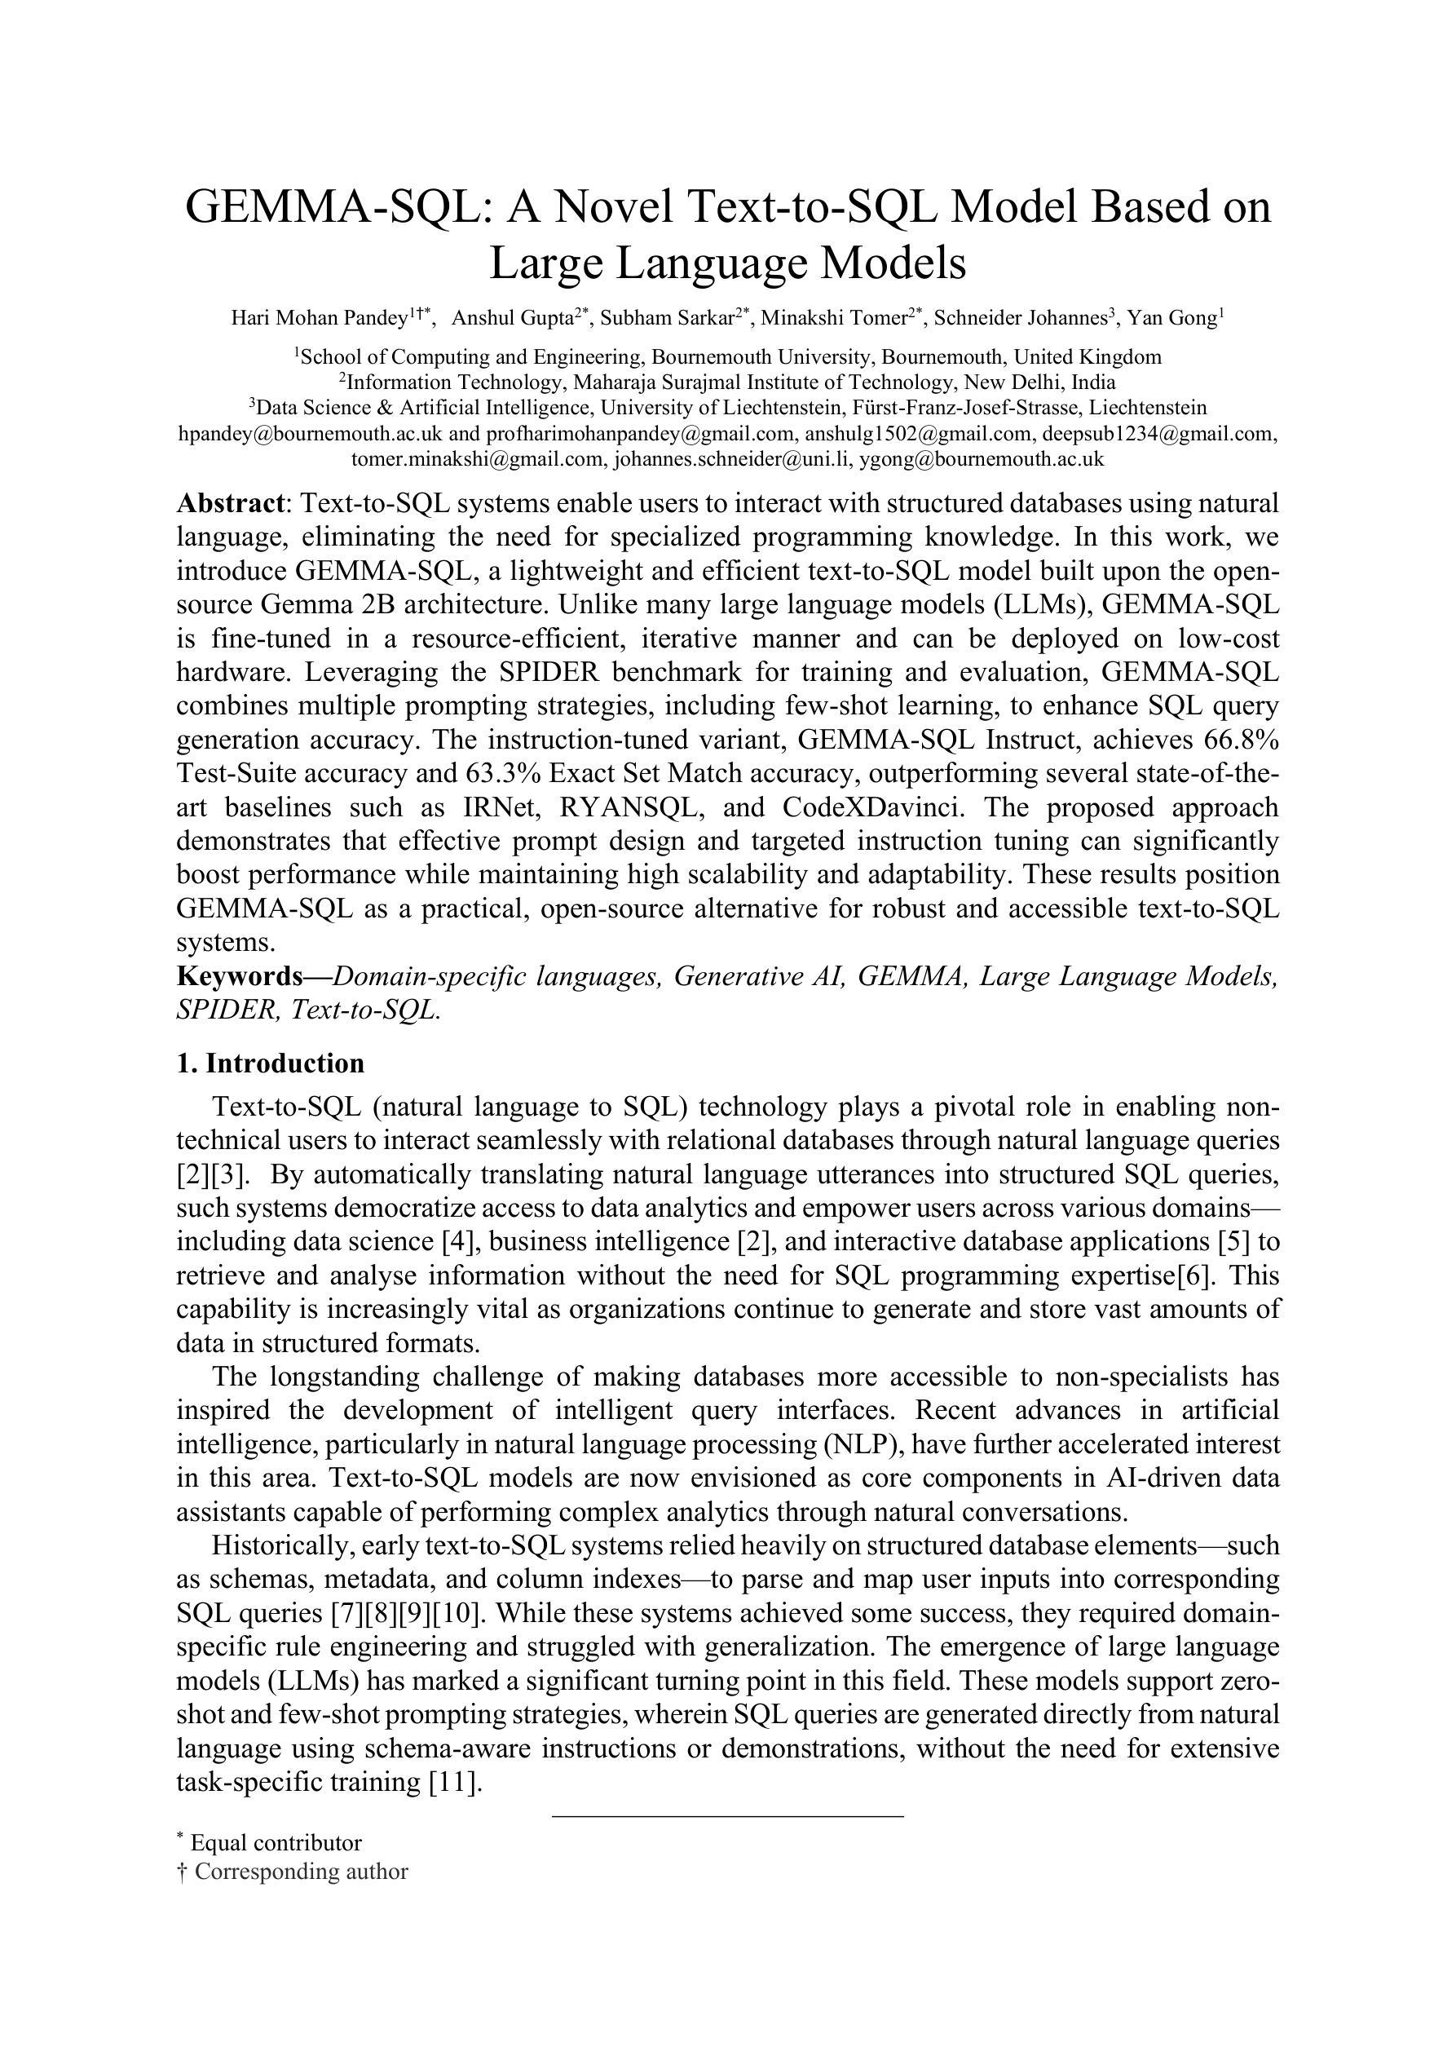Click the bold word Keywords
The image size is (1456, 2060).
coord(240,976)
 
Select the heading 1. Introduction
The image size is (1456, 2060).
coord(270,1063)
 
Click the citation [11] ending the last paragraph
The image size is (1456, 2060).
coord(457,1783)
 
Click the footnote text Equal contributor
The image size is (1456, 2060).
coord(276,1843)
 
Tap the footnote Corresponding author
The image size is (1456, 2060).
coord(301,1872)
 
